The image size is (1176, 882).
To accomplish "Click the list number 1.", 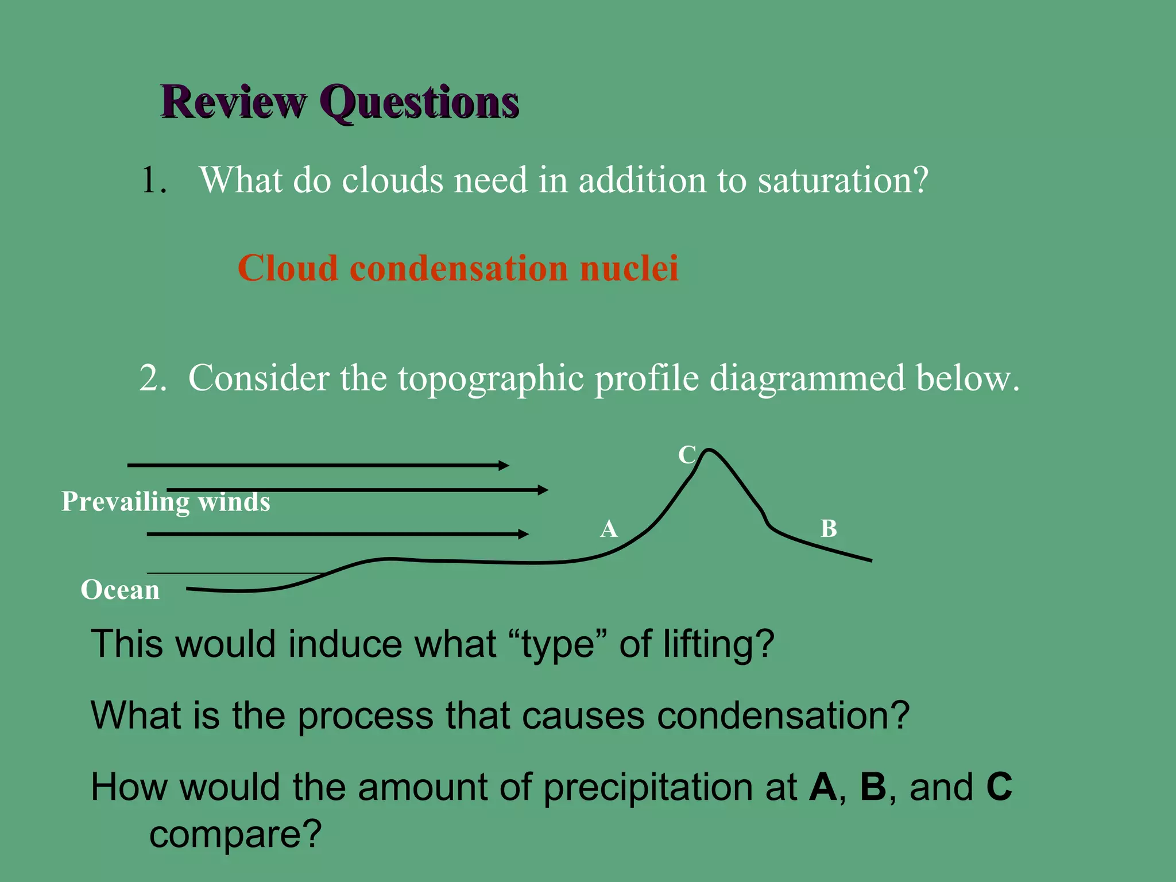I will [x=153, y=180].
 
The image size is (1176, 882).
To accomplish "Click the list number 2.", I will [x=152, y=379].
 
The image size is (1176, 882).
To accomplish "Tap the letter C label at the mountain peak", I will [x=687, y=455].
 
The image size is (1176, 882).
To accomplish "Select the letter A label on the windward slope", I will [x=609, y=529].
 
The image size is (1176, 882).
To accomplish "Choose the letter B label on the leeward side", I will [x=829, y=529].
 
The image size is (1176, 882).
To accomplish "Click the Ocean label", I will [x=120, y=590].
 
